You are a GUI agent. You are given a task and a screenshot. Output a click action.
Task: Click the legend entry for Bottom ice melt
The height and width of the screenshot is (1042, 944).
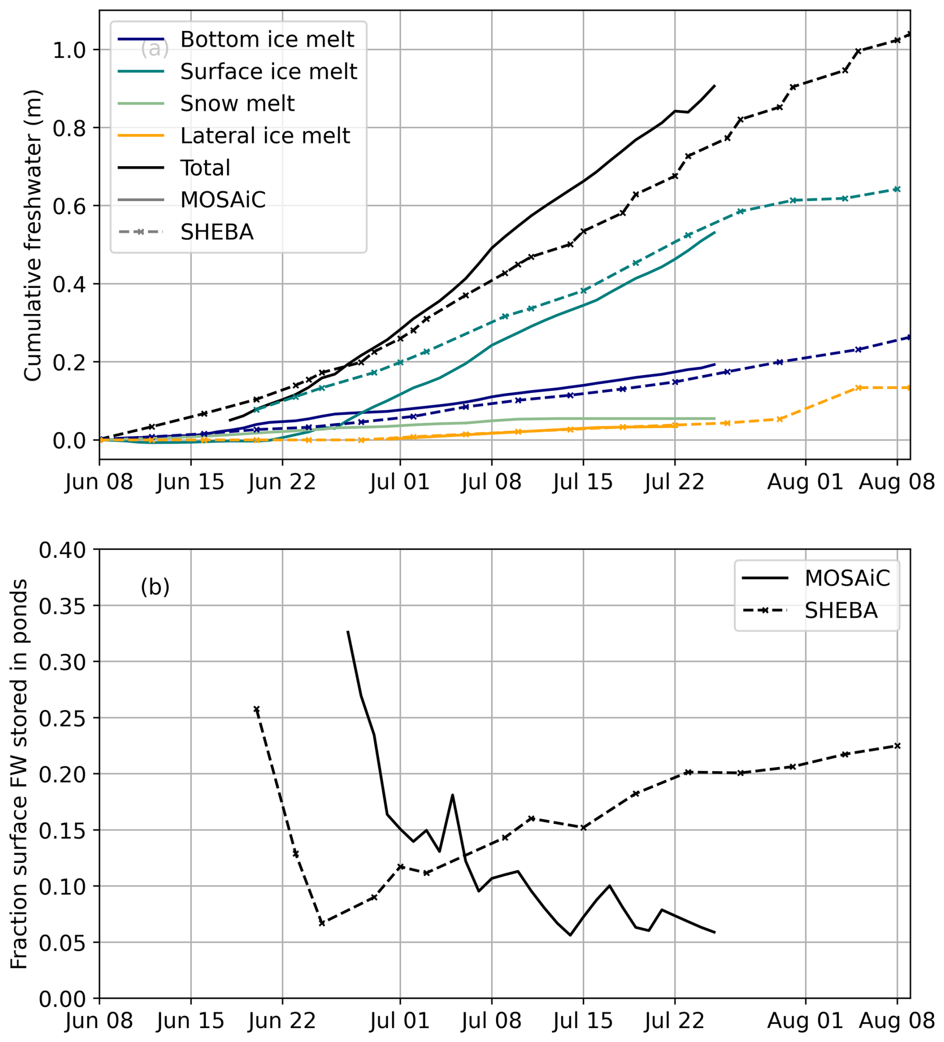(266, 39)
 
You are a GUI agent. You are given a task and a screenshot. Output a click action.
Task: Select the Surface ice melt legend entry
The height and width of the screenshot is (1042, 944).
(268, 71)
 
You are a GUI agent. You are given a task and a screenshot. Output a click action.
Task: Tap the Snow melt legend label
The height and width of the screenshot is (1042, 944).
(237, 104)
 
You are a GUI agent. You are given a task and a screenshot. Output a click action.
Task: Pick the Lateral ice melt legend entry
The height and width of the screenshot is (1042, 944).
(264, 136)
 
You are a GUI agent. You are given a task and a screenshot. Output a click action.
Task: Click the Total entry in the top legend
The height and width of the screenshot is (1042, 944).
(205, 168)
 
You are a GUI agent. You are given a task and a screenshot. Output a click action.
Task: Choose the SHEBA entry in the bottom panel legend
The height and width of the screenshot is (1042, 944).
(841, 611)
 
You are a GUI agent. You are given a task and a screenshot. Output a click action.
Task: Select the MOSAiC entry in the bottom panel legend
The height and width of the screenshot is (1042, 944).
(847, 578)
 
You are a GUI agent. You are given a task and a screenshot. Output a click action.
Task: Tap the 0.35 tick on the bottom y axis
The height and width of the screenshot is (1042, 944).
(62, 606)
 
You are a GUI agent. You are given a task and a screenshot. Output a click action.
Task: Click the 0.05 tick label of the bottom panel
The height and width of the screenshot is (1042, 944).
(62, 942)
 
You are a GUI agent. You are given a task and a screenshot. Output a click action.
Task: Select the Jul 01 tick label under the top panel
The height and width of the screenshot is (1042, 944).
(400, 482)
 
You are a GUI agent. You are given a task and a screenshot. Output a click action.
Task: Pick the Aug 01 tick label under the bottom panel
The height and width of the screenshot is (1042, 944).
(805, 1022)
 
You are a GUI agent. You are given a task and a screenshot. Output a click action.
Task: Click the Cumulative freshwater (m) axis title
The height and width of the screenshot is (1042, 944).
(32, 235)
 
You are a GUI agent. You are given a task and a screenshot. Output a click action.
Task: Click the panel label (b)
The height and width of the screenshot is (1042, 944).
(155, 587)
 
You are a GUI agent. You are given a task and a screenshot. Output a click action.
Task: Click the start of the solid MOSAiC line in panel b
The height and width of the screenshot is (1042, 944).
(348, 631)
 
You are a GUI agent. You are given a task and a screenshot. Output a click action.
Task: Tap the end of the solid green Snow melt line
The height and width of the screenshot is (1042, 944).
(714, 418)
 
